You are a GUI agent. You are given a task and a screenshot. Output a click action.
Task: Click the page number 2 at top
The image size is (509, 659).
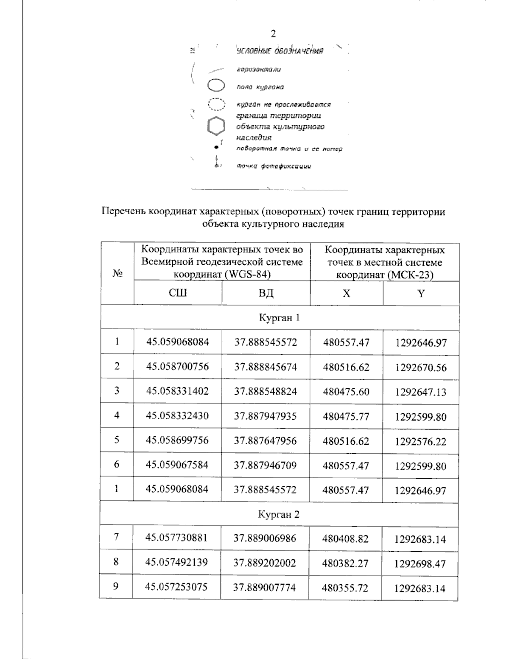coord(274,34)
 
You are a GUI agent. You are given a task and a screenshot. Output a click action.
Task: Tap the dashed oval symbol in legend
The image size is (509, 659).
coord(216,104)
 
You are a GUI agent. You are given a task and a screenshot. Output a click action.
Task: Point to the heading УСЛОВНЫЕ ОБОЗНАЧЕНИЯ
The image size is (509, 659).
coord(280,51)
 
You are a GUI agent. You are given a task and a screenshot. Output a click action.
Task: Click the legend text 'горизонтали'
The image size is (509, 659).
coord(258,69)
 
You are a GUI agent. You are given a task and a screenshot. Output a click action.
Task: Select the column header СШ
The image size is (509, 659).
coord(178,293)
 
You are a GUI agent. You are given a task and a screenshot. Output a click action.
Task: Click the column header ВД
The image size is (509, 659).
coord(266,293)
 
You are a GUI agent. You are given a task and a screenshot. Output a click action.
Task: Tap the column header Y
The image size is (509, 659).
coord(421,294)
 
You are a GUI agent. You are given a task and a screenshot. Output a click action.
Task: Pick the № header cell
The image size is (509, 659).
coord(117,274)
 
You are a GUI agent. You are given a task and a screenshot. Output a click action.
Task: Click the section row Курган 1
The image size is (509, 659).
coord(280,318)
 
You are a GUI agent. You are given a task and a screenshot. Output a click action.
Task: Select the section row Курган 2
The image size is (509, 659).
coord(279,515)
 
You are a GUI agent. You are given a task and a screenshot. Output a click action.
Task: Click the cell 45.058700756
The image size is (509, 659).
coord(178,367)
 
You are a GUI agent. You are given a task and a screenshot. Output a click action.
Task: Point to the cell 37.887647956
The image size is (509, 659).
coord(266,440)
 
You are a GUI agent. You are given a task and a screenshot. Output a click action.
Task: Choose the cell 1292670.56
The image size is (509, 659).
coord(421,367)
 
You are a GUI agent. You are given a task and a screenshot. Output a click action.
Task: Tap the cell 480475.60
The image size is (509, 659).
coord(346,392)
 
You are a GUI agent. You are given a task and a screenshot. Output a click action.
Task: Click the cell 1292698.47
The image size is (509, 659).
coord(420,564)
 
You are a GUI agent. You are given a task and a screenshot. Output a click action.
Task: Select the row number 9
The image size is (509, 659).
coord(116,586)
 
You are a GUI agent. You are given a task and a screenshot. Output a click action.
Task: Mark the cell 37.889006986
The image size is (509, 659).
coord(265,538)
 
